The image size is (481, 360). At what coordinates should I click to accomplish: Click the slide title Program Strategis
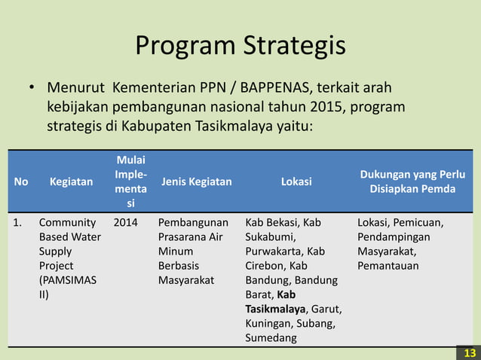point(240,45)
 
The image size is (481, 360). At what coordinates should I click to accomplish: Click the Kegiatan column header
point(72,182)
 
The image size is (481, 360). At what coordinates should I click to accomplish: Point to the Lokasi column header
point(297,182)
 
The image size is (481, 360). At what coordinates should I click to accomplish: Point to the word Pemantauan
point(389,266)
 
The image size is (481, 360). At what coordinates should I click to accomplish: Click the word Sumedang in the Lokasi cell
point(271,337)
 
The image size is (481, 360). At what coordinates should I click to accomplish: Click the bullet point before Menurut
point(32,88)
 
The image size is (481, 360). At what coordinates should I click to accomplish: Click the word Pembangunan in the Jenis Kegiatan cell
point(194,223)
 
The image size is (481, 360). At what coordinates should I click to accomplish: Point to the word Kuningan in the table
point(268,323)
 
